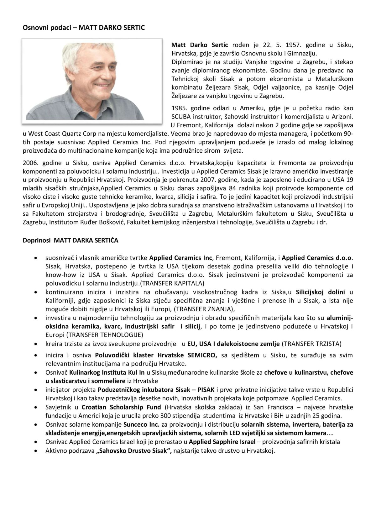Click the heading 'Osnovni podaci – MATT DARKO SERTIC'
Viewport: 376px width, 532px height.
click(84, 28)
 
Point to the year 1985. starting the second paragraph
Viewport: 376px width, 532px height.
click(179, 108)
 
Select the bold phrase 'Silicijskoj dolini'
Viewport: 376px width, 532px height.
click(321, 292)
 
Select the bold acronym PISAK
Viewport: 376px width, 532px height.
click(206, 390)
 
